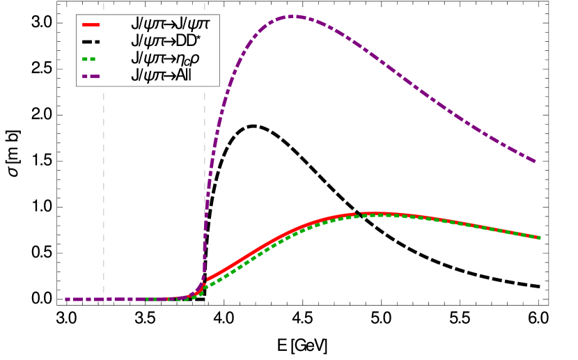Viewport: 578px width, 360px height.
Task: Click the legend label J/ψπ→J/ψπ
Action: coord(170,24)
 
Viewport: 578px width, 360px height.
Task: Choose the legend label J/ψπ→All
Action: coord(161,75)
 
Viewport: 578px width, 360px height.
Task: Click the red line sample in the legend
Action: coord(91,24)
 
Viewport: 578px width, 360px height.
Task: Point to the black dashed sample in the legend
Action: coord(91,41)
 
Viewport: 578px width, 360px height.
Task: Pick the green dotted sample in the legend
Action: coord(91,58)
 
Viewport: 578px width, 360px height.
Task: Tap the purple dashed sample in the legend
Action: coord(91,75)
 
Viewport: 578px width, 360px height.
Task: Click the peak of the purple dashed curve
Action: coord(293,16)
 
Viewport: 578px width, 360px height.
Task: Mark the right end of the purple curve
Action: coord(535,162)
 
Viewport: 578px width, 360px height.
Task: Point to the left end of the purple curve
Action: coord(66,299)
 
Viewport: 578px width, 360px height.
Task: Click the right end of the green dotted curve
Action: coord(539,238)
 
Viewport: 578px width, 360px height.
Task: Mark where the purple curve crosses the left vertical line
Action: coord(104,299)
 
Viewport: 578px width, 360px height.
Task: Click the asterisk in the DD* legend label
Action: coord(207,38)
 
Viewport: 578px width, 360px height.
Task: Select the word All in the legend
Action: coord(182,75)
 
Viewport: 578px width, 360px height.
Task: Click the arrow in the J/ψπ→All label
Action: coord(168,75)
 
